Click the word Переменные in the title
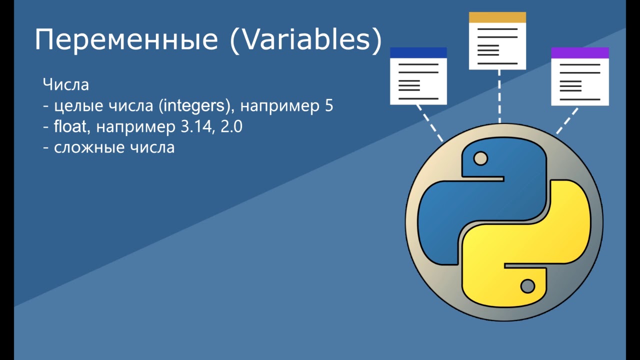tap(126, 39)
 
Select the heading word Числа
tap(65, 84)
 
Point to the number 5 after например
tap(329, 105)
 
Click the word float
tap(70, 126)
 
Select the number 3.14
tap(196, 126)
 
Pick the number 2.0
tap(231, 126)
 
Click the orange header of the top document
tap(497, 17)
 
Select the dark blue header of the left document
tap(418, 53)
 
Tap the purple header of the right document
tap(580, 53)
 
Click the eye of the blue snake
tap(480, 158)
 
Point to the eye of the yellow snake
tap(527, 286)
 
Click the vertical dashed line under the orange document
tap(499, 96)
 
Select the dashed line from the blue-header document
tap(429, 123)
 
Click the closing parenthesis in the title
tap(377, 40)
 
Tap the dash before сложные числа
tap(45, 148)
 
